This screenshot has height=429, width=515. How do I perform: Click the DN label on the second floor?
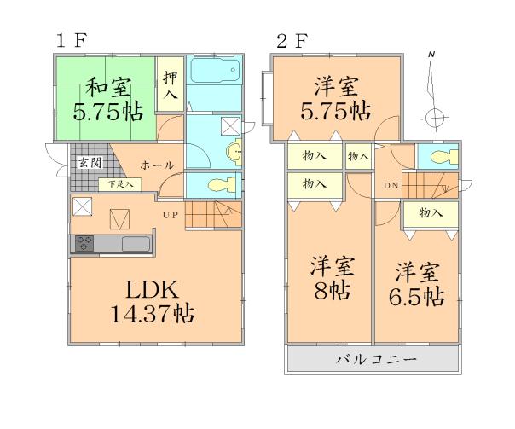(x=390, y=186)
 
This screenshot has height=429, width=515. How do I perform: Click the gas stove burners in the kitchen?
(x=85, y=243)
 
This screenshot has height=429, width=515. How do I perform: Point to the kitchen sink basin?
(x=136, y=244)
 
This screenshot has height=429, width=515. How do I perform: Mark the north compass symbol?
(x=434, y=94)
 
